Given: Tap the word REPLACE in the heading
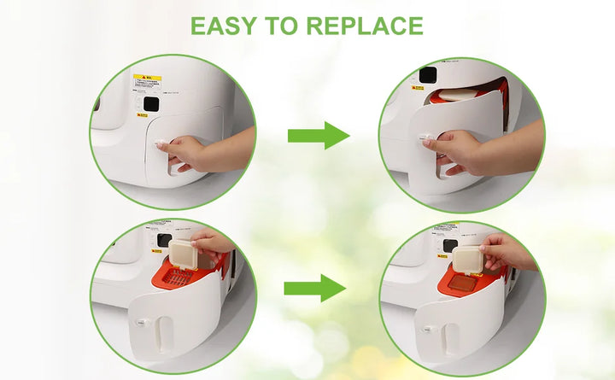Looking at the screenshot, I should coord(364,25).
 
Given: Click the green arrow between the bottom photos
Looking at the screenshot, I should coord(314,288).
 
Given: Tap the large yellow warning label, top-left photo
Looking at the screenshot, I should coord(147,84).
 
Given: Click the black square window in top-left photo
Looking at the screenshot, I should coord(150,104).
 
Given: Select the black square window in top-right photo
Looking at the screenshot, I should coord(427,74).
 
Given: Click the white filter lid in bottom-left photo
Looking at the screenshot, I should coord(182,253).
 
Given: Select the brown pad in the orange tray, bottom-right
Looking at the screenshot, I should coord(463,283).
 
